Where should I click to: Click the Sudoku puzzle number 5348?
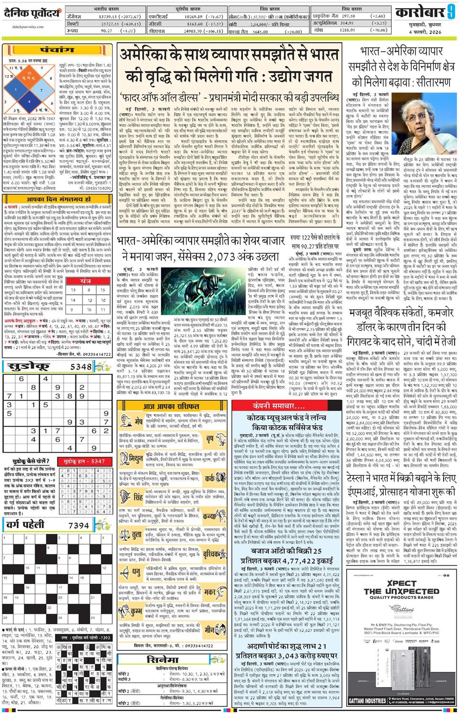pos(80,367)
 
